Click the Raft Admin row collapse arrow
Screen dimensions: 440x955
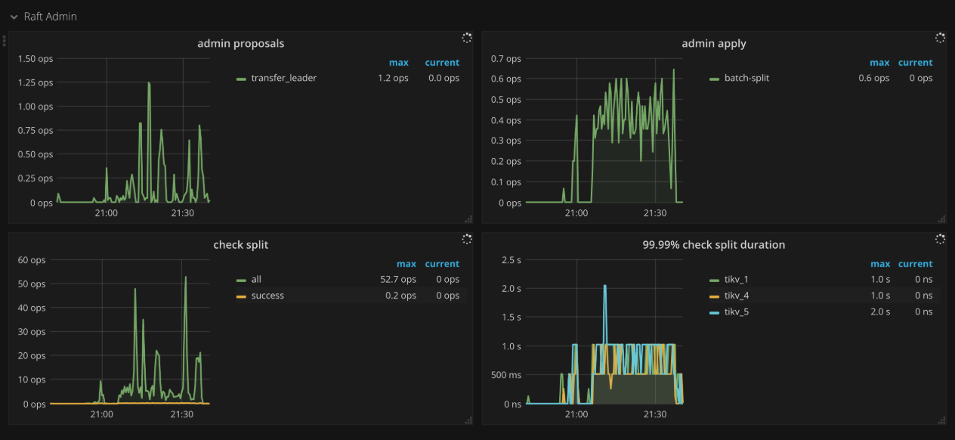14,17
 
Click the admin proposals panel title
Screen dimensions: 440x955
240,43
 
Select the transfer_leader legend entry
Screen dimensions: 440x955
283,78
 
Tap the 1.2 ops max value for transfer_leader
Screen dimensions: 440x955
393,78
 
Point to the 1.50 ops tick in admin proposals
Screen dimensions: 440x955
35,58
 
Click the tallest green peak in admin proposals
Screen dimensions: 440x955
149,83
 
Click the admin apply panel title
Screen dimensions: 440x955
713,43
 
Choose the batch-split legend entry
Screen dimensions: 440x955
746,78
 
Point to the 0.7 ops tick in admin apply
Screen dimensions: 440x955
505,58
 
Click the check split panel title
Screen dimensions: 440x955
240,244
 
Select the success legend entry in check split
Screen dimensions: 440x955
267,296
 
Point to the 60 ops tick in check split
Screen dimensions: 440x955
32,259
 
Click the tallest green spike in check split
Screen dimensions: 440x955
185,277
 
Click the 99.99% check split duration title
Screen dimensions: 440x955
713,244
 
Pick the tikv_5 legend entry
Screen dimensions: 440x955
736,311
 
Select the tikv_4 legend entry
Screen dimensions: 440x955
736,296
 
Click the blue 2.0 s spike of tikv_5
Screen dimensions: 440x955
604,287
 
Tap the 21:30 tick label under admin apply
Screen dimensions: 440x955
654,213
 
